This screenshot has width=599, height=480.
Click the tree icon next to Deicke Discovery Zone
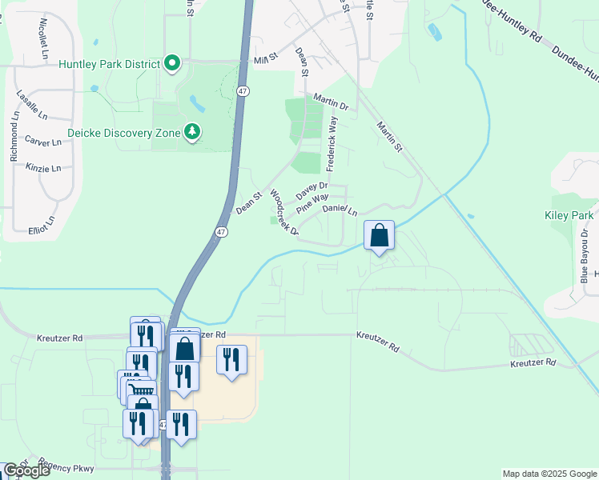(192, 131)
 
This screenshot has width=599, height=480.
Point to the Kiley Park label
(568, 216)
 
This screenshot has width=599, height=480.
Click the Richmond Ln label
(14, 137)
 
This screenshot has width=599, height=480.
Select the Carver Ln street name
(43, 142)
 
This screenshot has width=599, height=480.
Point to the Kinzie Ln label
(45, 168)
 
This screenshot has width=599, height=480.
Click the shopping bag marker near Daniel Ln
(380, 237)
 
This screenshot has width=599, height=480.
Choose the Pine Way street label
(312, 203)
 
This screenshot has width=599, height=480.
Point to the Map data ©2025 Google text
(549, 474)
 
